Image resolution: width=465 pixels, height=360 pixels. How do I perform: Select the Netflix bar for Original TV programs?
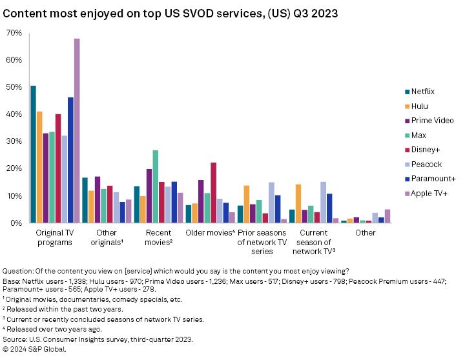(34, 154)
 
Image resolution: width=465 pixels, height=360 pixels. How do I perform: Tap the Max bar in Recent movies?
(155, 186)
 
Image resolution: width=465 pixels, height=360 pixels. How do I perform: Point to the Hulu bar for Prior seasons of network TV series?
(247, 204)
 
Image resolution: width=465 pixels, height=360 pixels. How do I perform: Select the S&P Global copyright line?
(34, 349)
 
